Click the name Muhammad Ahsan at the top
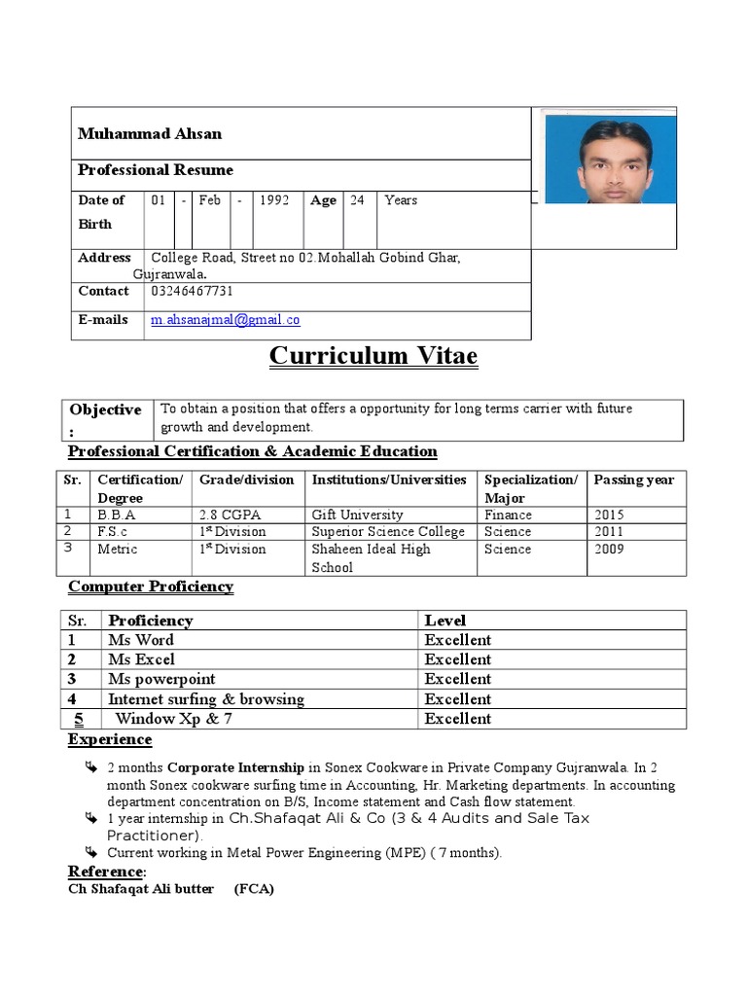(150, 134)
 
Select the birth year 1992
(274, 200)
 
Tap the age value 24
(357, 200)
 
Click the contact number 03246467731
(193, 291)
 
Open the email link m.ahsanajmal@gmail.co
(226, 319)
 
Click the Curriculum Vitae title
(373, 356)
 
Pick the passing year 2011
(609, 532)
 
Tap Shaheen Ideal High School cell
(371, 557)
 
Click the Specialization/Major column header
(531, 488)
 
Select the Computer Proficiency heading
(151, 587)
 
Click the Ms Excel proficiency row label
(141, 659)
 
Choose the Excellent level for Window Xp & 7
(458, 719)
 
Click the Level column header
(445, 621)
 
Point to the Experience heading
(110, 739)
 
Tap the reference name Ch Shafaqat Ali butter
(141, 889)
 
